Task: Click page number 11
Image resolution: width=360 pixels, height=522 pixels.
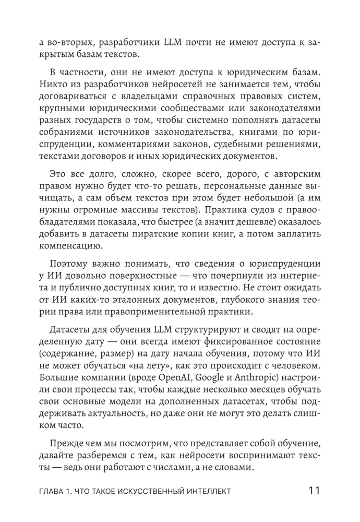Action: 313,490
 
